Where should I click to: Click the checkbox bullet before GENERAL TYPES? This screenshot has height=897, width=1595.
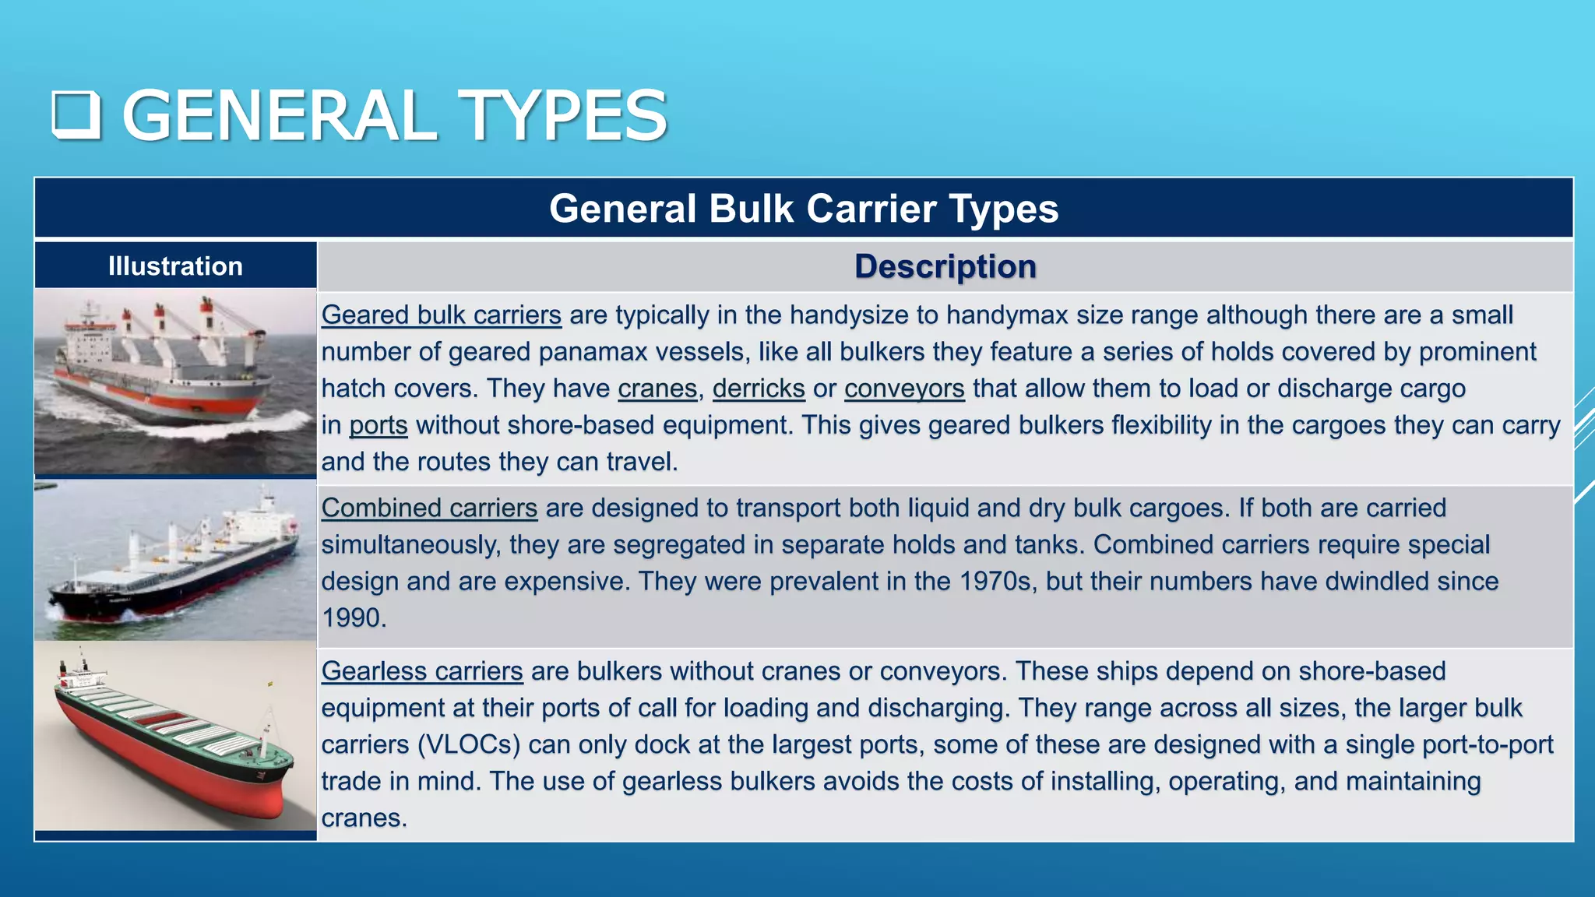click(x=76, y=114)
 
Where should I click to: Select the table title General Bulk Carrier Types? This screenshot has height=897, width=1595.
click(x=804, y=209)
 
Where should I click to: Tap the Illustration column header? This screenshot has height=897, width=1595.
click(x=175, y=266)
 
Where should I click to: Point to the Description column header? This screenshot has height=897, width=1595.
click(x=945, y=266)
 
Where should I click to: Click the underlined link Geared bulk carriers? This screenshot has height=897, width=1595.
click(x=441, y=315)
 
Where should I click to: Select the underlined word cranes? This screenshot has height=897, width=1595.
click(x=657, y=389)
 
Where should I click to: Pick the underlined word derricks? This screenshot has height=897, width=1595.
click(x=759, y=389)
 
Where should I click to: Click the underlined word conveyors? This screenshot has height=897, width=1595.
click(x=904, y=389)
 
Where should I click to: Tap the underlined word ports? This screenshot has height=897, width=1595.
click(x=379, y=425)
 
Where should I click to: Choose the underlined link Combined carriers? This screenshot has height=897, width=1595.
click(x=429, y=508)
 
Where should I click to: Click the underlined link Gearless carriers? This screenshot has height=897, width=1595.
click(x=422, y=671)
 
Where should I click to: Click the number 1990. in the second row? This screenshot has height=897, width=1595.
click(x=354, y=618)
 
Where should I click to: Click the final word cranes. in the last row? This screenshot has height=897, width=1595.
click(x=364, y=818)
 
